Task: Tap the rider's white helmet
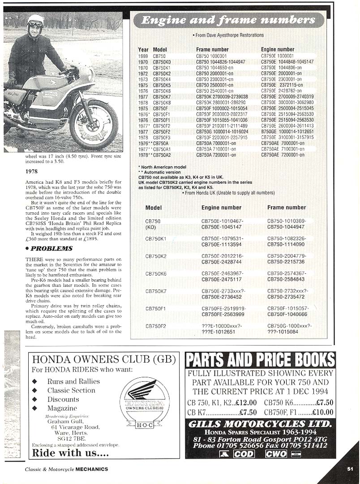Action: click(x=35, y=21)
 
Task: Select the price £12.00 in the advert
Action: click(x=246, y=402)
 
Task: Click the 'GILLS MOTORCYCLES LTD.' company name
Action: click(x=260, y=424)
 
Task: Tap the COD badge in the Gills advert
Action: click(x=244, y=454)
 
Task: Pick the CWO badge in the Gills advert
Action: click(x=276, y=454)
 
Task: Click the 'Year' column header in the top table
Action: click(x=143, y=50)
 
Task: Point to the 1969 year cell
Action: click(x=143, y=56)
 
